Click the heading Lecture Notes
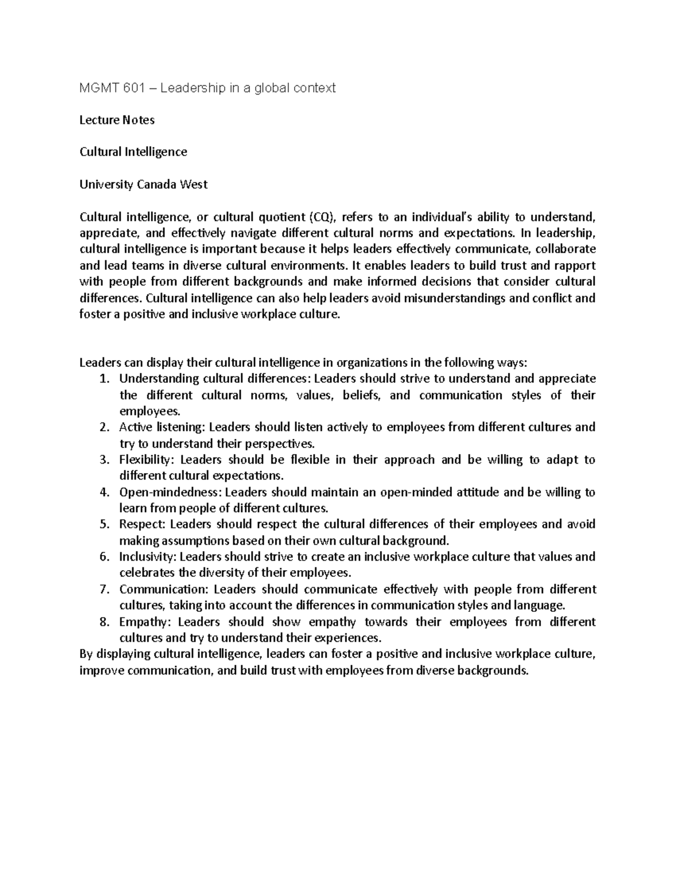(x=117, y=120)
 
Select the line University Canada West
(x=143, y=184)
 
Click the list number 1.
(x=103, y=379)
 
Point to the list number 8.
(x=103, y=622)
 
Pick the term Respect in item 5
(x=141, y=525)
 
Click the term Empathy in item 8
(x=143, y=622)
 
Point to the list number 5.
(x=103, y=525)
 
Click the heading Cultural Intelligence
(x=133, y=152)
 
